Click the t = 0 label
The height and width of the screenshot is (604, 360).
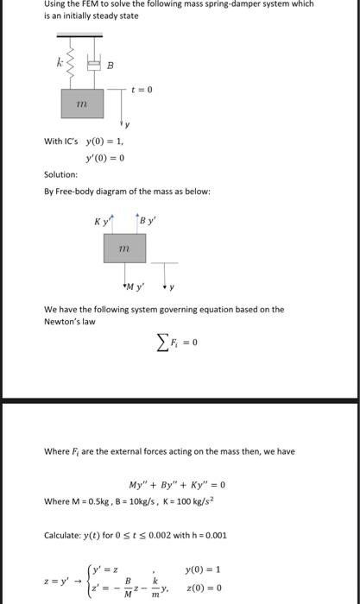tap(142, 91)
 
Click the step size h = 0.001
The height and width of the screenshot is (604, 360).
tap(206, 535)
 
